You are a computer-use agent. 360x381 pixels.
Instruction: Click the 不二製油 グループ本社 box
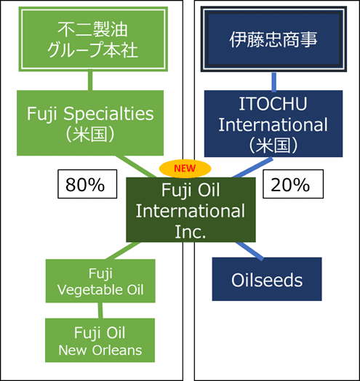click(x=93, y=39)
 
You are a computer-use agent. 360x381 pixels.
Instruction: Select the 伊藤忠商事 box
click(x=273, y=39)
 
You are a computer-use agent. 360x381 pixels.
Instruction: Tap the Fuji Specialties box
click(x=90, y=123)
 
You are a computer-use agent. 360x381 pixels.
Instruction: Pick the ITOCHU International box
click(x=273, y=124)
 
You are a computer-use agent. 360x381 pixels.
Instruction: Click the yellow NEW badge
click(x=185, y=169)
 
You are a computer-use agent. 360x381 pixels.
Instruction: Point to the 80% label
click(x=87, y=184)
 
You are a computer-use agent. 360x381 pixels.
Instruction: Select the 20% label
click(x=293, y=184)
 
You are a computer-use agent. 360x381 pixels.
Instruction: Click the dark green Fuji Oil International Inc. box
click(x=191, y=209)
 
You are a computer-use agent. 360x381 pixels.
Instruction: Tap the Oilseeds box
click(x=267, y=279)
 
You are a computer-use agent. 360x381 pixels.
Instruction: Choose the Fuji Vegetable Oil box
click(x=100, y=281)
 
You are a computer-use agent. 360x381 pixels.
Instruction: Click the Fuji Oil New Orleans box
click(x=100, y=340)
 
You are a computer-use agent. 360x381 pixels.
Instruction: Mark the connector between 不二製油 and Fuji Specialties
click(x=90, y=81)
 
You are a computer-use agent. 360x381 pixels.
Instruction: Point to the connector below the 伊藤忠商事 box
click(x=274, y=82)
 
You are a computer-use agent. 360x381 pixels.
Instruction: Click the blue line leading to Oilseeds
click(x=249, y=251)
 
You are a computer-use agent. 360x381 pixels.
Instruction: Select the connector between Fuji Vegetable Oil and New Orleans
click(x=100, y=310)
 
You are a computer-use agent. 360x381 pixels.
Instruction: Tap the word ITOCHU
click(x=273, y=104)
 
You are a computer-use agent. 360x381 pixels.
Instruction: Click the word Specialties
click(x=108, y=113)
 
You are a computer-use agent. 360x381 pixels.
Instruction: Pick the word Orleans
click(x=117, y=350)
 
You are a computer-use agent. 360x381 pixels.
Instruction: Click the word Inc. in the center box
click(x=191, y=232)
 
